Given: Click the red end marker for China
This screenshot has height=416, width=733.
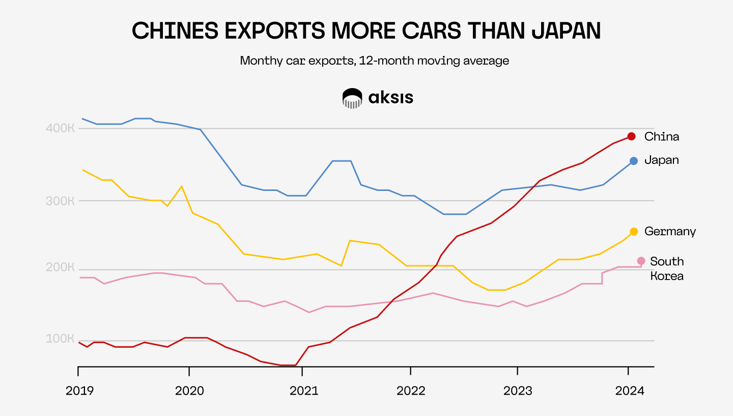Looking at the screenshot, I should coord(631,136).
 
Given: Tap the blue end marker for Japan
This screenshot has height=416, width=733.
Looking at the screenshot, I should coord(634,161).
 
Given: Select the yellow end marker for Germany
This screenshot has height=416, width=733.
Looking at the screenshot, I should coord(634,232).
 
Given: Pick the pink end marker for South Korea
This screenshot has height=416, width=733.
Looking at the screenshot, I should coord(641,261).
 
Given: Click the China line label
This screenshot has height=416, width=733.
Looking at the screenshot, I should coord(661,136).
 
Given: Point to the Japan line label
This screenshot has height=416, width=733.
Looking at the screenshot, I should coord(661,160).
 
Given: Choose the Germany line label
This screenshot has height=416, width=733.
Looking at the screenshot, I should coord(670,232).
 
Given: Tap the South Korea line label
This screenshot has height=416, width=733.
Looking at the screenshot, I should coord(667,269).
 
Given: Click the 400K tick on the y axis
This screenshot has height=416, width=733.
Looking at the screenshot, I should coord(61,128).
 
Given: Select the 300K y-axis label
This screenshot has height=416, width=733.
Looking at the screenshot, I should coord(61,200).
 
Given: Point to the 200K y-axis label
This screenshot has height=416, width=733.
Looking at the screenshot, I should coord(61,268).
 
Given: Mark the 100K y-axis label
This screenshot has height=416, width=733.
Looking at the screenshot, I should coord(61,339).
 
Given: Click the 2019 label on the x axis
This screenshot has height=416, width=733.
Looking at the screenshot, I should coord(80,391).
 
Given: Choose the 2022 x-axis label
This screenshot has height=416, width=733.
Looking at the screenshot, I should coord(411,391).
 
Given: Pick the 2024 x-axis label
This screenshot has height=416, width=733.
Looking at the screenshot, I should coord(629,391).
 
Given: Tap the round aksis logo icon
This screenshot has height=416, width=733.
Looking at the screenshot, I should coord(352,98).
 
